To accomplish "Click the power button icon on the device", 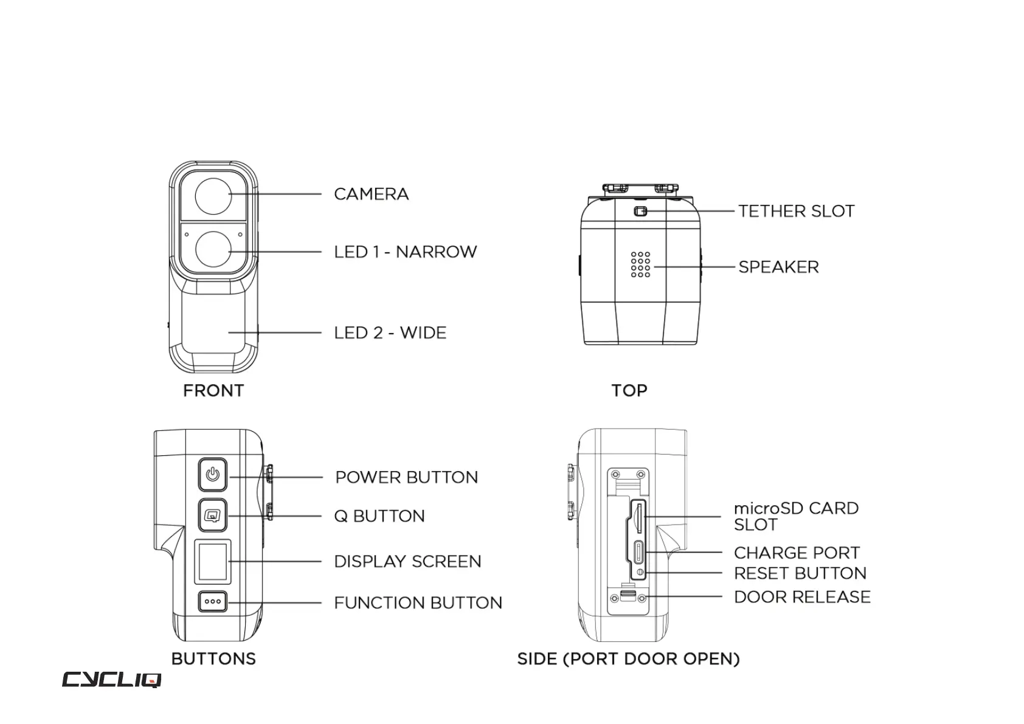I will pos(212,474).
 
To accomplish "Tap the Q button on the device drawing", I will pos(212,515).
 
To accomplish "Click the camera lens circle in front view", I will pos(213,195).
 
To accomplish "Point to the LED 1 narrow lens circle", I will pos(213,250).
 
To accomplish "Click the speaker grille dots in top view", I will pos(640,264).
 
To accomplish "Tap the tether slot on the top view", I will pos(640,212).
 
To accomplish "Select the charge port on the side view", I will pos(638,553).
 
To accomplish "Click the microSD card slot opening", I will pos(638,517).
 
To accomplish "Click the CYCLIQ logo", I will pos(111,680).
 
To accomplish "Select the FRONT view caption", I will pos(213,390).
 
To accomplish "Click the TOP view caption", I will pos(629,390).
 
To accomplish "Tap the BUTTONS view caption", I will pos(213,659).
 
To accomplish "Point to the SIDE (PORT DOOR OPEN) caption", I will pos(628,659).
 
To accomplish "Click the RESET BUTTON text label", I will pos(800,573).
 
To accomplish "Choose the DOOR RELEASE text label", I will pos(802,597).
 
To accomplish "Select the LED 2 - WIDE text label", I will pos(390,333).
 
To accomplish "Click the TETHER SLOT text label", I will pos(796,212).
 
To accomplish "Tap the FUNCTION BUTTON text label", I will pos(418,603).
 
